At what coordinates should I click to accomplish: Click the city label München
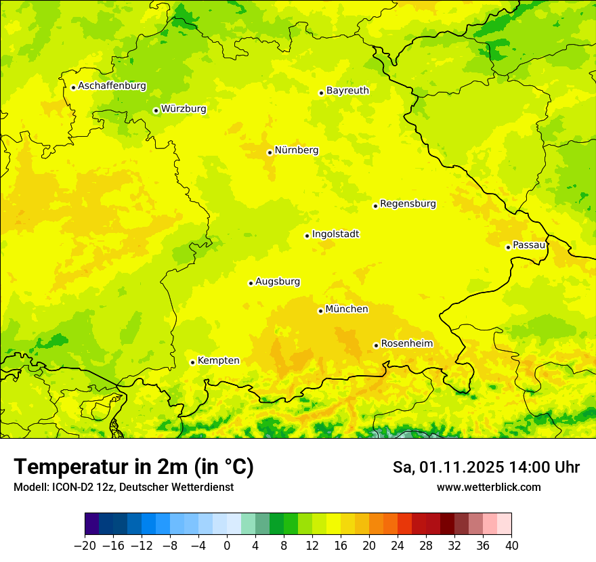point(347,309)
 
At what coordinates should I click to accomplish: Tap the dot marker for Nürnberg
point(270,152)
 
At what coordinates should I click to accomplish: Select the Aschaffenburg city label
point(112,86)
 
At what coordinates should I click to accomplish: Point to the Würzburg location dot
point(156,110)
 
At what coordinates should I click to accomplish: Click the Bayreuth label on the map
point(347,91)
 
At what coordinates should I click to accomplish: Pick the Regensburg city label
point(408,204)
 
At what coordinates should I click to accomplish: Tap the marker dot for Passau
point(508,247)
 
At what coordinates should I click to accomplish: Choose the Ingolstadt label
point(335,234)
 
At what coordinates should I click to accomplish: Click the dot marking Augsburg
point(251,283)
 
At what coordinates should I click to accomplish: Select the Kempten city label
point(218,361)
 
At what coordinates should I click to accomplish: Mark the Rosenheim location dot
point(376,345)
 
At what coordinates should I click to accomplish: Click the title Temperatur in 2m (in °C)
point(133,467)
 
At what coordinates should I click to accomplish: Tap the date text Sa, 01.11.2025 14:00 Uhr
point(486,467)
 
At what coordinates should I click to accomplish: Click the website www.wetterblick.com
point(488,487)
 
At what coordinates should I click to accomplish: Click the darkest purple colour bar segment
point(92,524)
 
